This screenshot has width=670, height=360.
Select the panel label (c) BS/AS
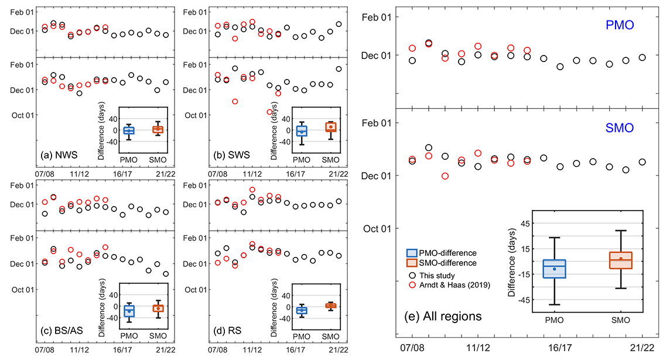click(62, 331)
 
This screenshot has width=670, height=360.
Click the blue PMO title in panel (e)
click(620, 26)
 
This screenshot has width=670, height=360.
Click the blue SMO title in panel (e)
click(620, 128)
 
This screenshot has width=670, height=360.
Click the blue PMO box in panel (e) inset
click(554, 269)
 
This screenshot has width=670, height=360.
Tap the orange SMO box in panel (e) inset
click(620, 260)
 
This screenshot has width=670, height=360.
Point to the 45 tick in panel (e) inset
click(524, 224)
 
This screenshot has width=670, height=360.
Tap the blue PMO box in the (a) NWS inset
click(128, 131)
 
